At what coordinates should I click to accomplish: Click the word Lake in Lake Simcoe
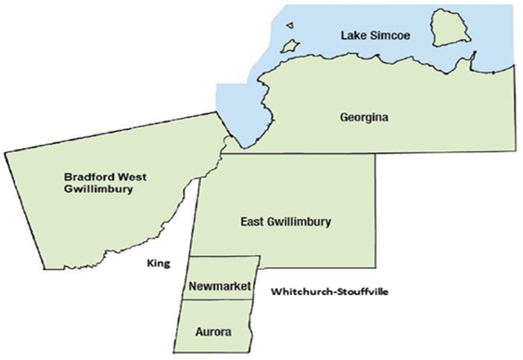coord(353,35)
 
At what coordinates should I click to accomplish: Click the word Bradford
coord(89,175)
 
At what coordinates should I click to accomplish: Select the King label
coord(158,264)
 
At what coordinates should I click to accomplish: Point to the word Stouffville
coord(362,292)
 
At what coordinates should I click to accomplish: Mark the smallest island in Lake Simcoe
coord(289,27)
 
